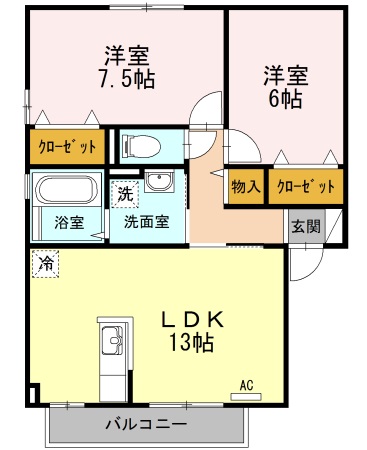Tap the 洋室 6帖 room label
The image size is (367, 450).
pyautogui.click(x=284, y=86)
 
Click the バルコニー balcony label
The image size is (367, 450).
pyautogui.click(x=146, y=425)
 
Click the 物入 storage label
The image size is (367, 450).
pyautogui.click(x=245, y=186)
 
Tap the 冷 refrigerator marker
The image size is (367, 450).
pyautogui.click(x=46, y=264)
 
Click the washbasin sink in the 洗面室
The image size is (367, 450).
pyautogui.click(x=158, y=182)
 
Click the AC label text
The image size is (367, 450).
pyautogui.click(x=246, y=384)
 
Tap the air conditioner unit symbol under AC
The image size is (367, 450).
pyautogui.click(x=247, y=397)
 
